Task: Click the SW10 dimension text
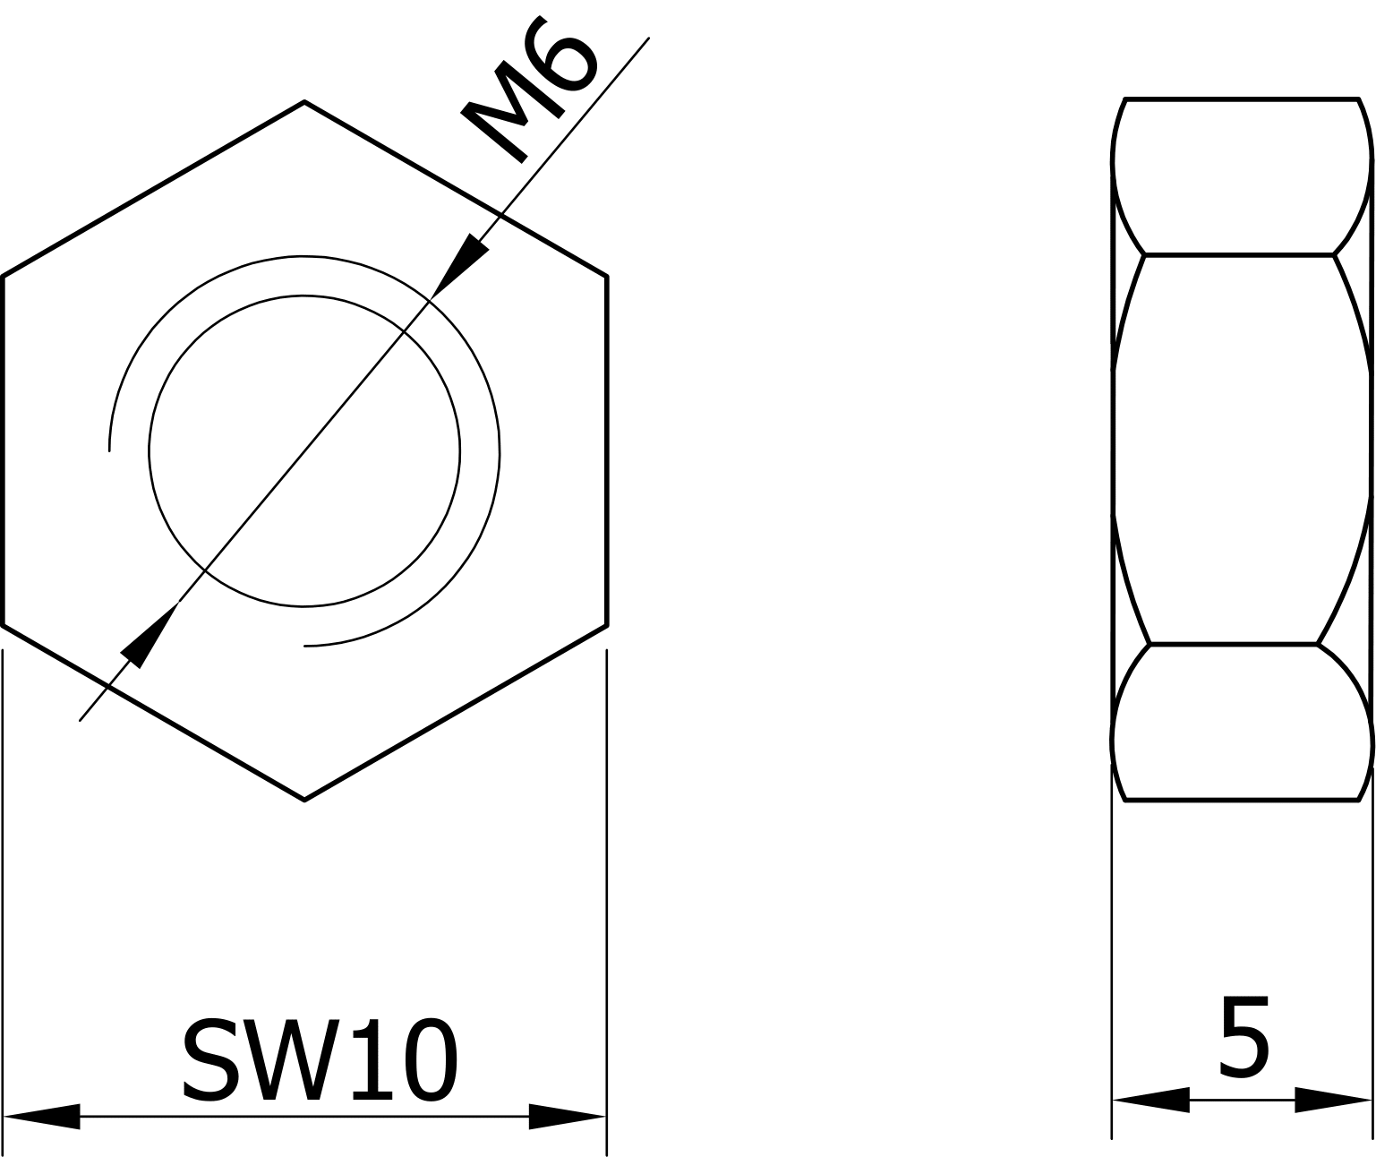coord(320,1060)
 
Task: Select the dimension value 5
coord(1244,1038)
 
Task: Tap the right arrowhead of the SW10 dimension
coord(567,1117)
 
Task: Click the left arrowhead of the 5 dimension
coord(1151,1100)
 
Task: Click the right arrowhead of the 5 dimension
coord(1333,1100)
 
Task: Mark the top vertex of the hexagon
coord(304,102)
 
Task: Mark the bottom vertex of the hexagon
coord(304,799)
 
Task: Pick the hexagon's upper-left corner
coord(4,276)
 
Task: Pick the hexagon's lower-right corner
coord(607,625)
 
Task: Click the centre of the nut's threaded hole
coord(304,451)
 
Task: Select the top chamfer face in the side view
coord(1242,177)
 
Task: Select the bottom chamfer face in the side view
coord(1242,722)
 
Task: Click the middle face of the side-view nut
coord(1242,448)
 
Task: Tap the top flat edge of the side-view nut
coord(1242,99)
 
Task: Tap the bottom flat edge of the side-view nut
coord(1242,800)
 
